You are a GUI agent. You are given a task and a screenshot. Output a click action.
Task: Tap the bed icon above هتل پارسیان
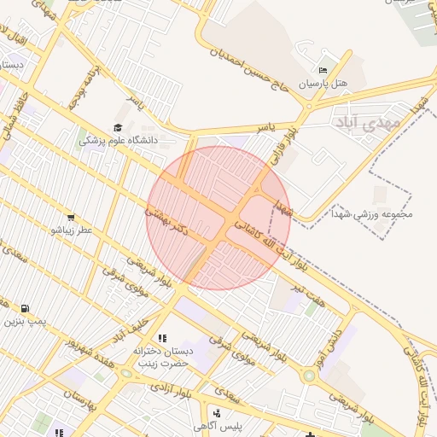pos(322,70)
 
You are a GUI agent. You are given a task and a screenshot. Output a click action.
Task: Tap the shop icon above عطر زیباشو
pos(70,217)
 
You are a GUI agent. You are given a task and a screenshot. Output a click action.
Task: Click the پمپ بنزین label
pos(23,323)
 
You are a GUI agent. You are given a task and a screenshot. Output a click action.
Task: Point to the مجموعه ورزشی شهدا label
pos(372,214)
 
